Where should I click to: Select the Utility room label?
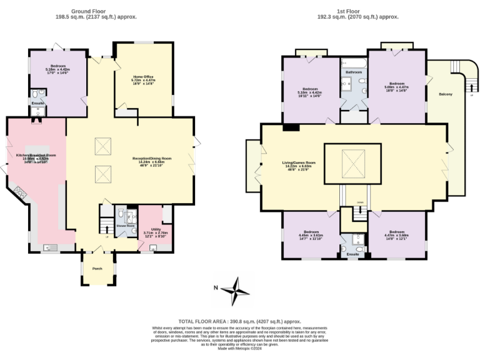(x=147, y=229)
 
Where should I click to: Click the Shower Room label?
(x=126, y=226)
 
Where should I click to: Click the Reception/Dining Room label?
(x=152, y=158)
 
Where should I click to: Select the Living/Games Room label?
(x=298, y=162)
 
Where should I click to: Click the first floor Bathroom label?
(x=354, y=72)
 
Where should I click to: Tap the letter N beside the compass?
(x=214, y=288)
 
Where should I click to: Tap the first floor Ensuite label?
(x=353, y=254)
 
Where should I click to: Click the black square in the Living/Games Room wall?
(x=289, y=128)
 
